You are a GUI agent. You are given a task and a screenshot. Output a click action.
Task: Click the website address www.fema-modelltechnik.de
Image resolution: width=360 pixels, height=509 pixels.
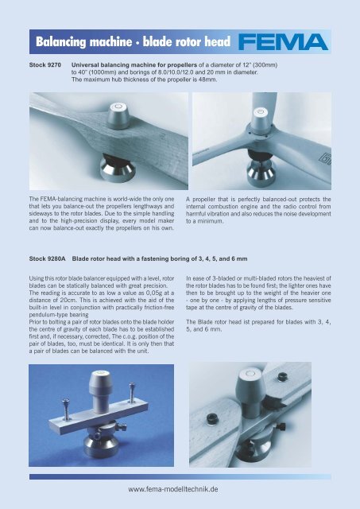pos(180,492)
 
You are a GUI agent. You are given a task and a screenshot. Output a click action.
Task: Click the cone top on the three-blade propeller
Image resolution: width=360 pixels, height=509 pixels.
pos(260,112)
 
